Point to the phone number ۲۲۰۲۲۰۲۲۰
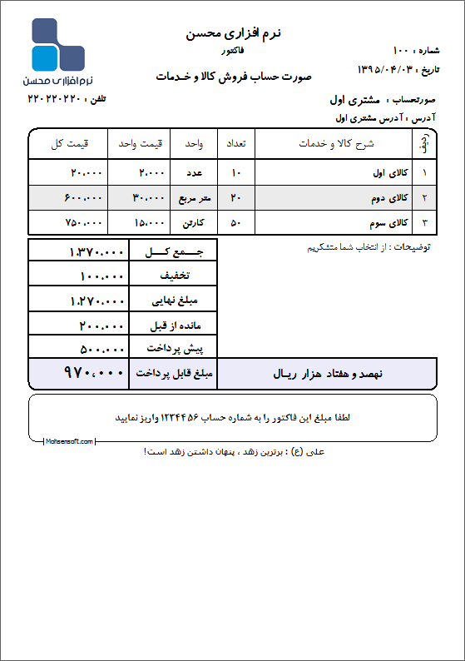click(54, 99)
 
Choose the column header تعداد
click(235, 143)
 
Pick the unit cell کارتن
click(194, 224)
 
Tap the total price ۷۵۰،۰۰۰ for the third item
click(83, 223)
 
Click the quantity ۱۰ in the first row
click(235, 173)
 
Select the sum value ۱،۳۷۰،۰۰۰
click(96, 251)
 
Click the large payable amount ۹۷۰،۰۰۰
click(93, 374)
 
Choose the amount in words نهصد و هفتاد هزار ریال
click(327, 375)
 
